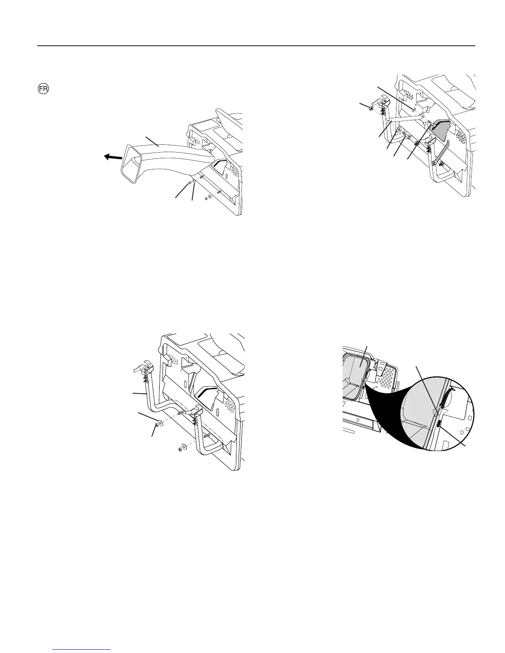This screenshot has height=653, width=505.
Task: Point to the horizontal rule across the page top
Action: pyautogui.click(x=256, y=46)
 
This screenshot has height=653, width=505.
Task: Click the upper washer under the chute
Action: pyautogui.click(x=194, y=181)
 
